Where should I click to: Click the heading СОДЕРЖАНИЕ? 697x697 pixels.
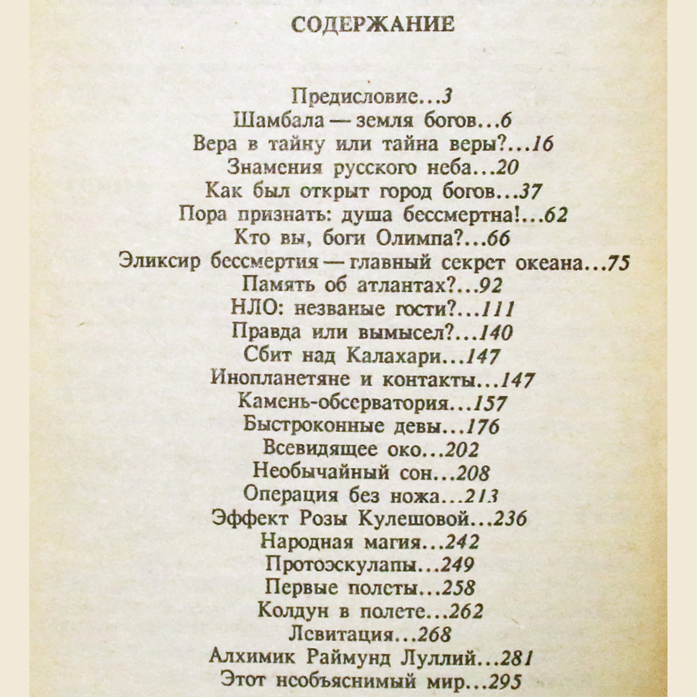(372, 25)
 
